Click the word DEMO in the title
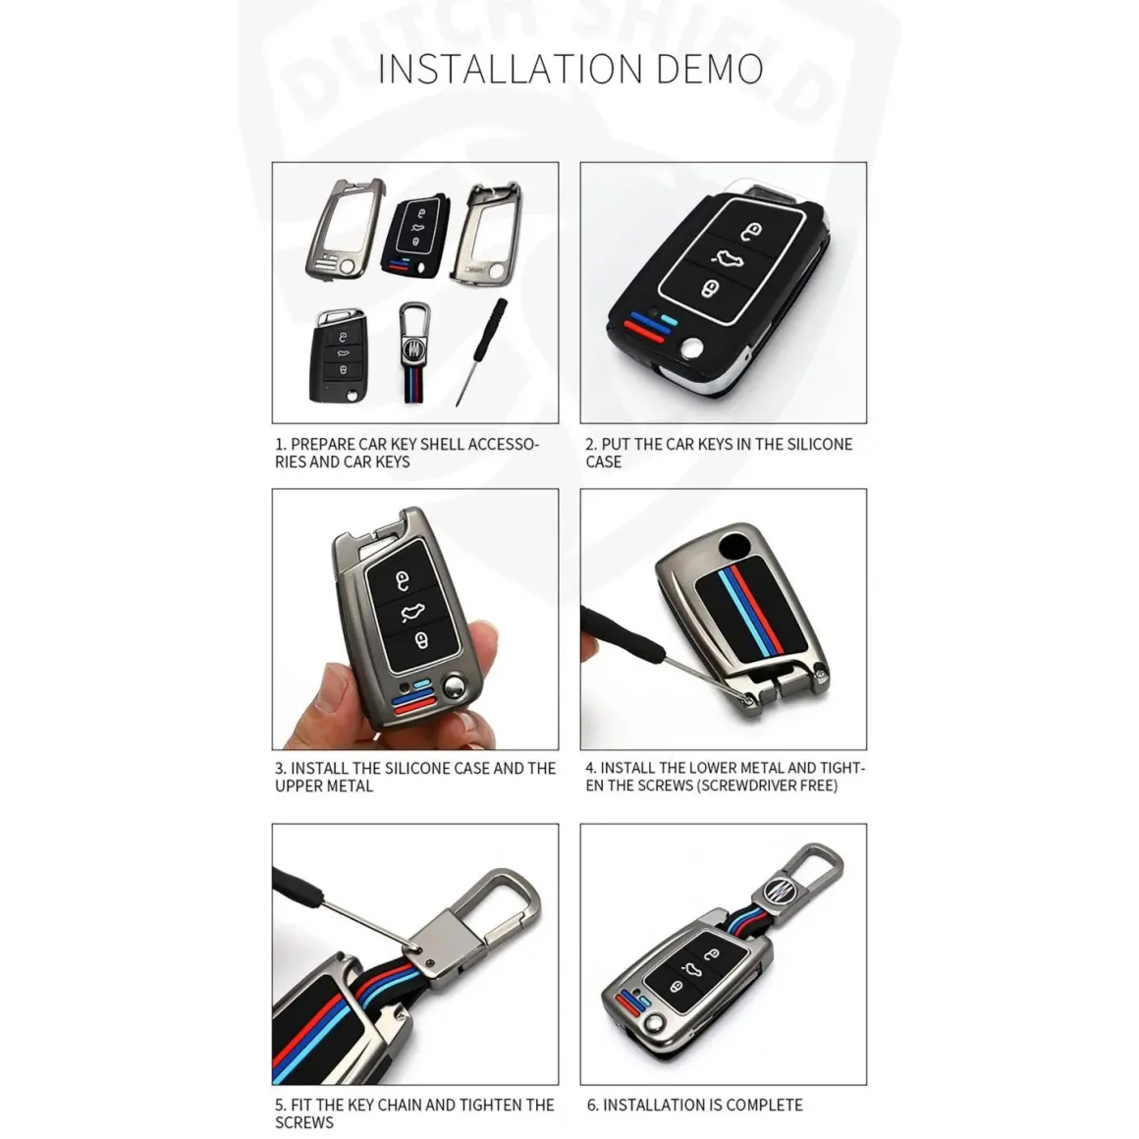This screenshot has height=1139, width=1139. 710,69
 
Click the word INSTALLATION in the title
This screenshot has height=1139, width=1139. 511,69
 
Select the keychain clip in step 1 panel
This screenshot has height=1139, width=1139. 414,353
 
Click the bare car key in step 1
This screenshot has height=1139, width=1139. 339,355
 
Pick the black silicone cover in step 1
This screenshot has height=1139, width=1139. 414,237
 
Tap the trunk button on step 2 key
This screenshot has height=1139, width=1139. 728,258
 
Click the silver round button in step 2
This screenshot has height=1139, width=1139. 691,348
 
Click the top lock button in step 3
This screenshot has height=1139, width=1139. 402,579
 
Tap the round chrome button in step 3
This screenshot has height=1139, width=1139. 455,685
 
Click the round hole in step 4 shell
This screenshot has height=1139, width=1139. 738,545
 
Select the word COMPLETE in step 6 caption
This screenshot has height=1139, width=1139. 764,1105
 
